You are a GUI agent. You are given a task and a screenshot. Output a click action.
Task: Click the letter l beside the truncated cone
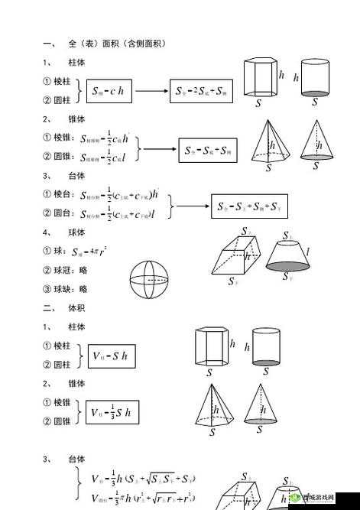click(307, 250)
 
